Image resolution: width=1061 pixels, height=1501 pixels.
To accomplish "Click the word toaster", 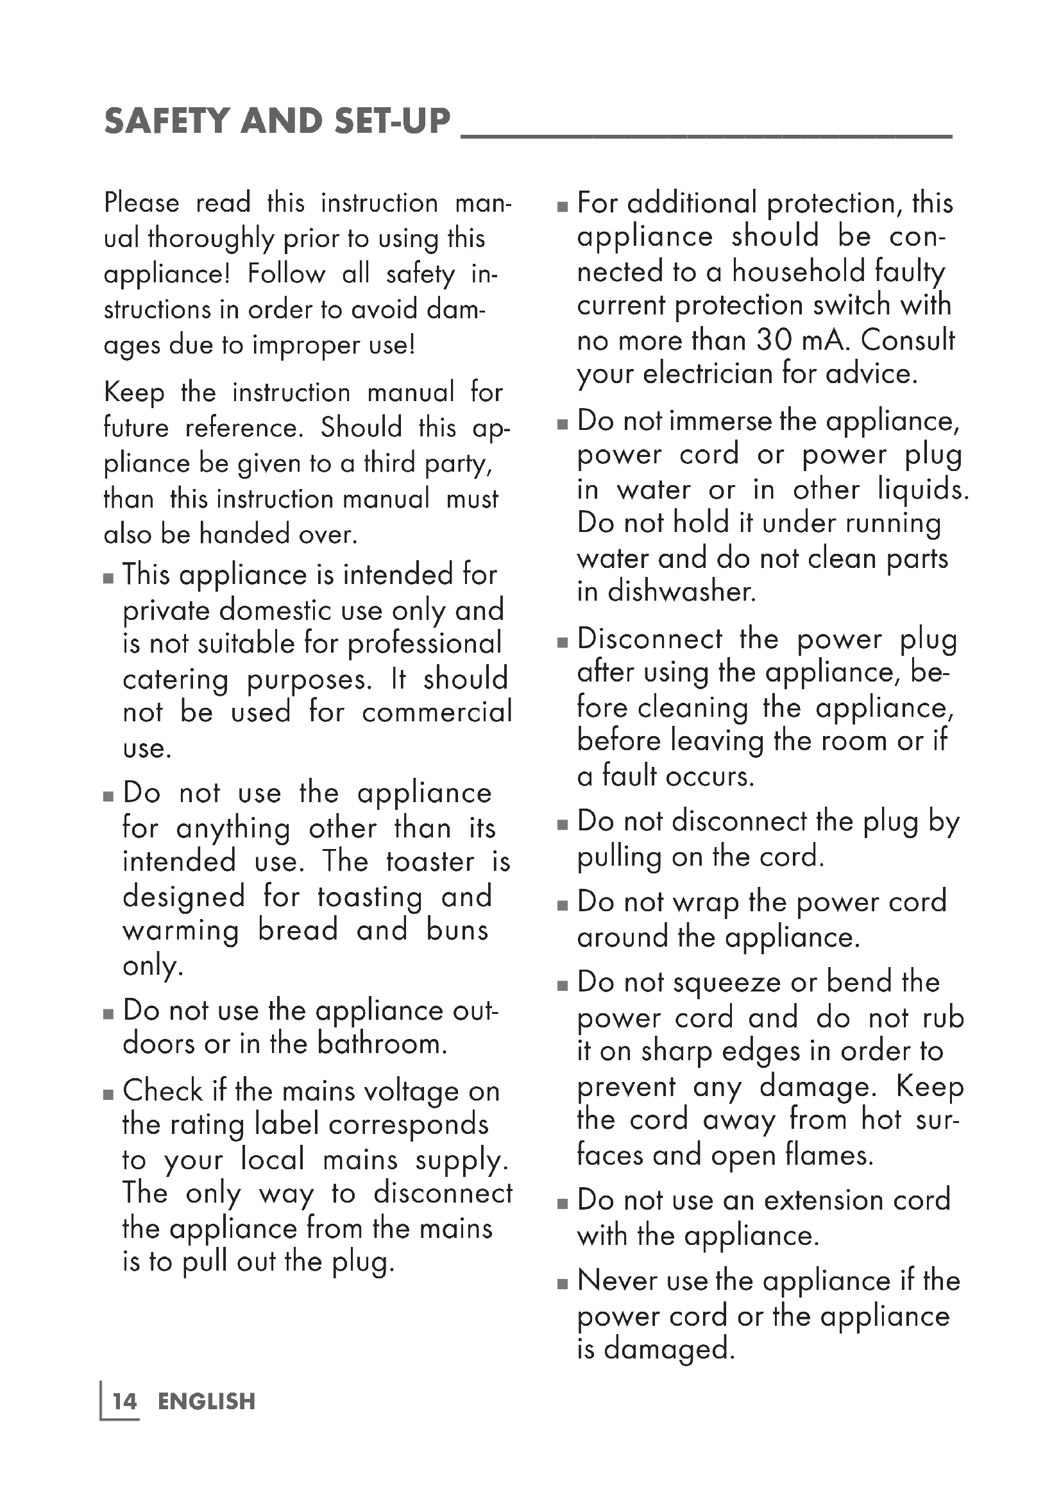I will tap(430, 862).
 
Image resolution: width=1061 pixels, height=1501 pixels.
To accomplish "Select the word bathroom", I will tap(382, 1044).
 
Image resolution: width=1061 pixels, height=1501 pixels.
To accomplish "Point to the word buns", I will tap(457, 931).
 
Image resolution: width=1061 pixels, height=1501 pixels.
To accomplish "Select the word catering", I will tap(175, 680).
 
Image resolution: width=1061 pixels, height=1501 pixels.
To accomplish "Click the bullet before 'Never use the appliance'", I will tap(563, 1284).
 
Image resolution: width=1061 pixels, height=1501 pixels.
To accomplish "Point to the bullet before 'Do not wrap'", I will tap(563, 906).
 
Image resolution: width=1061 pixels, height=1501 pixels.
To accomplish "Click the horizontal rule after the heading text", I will tap(706, 136).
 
